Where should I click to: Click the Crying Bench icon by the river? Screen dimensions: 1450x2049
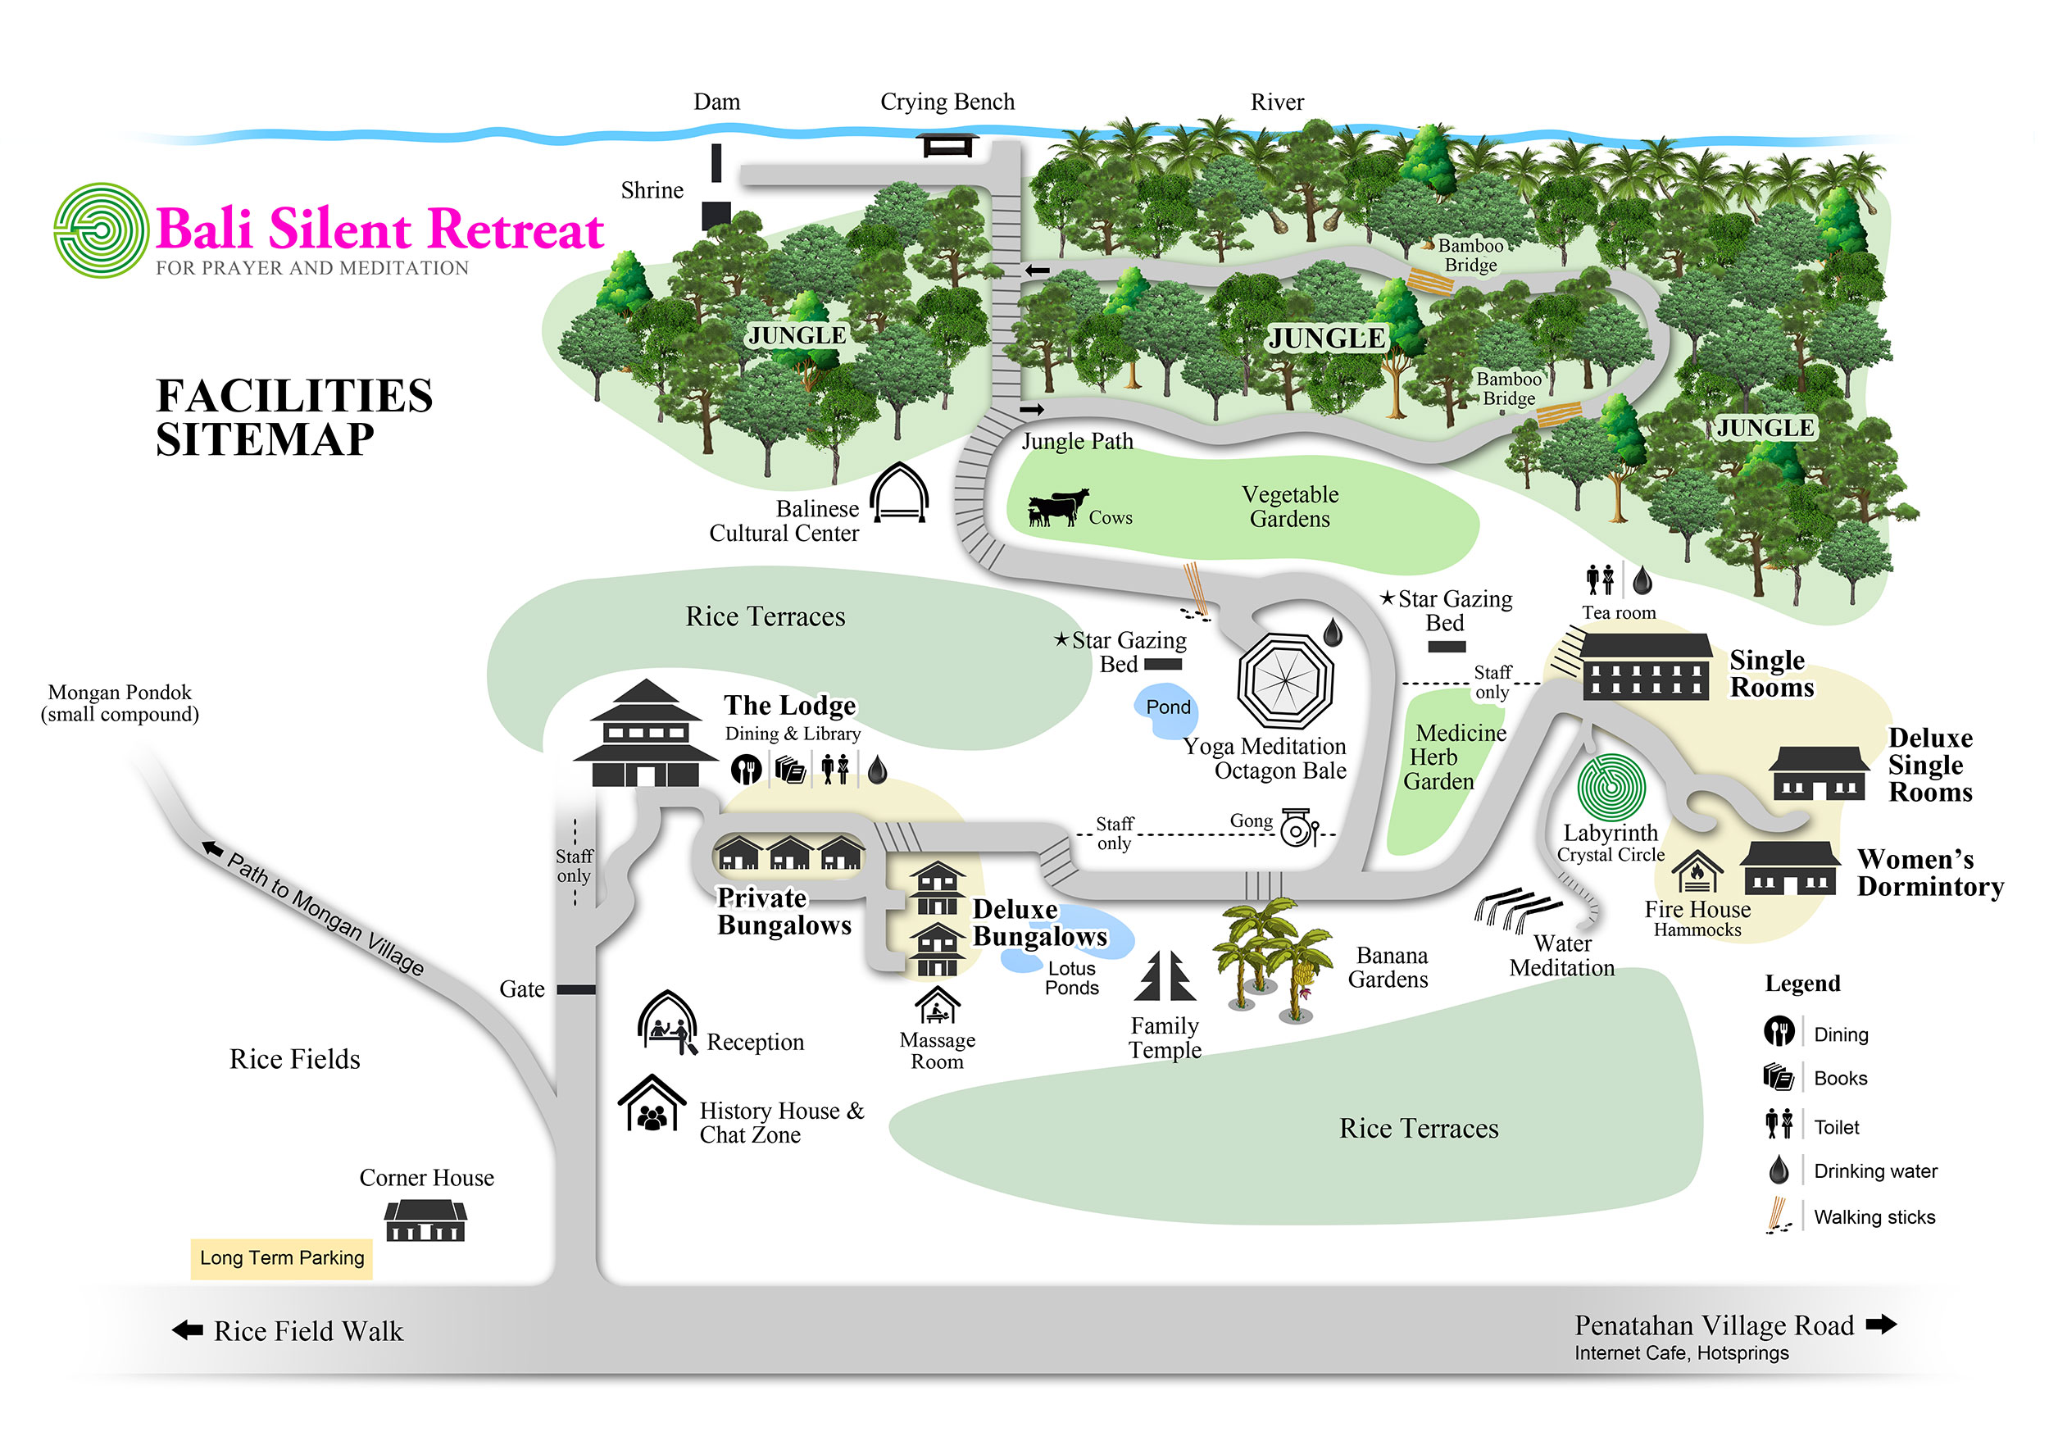tap(947, 144)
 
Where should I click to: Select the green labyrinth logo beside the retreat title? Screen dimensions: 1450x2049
tap(101, 230)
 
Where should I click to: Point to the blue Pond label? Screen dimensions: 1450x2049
tap(1168, 707)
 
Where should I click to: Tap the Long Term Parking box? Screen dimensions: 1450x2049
tap(282, 1258)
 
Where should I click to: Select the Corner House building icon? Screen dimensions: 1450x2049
tap(426, 1220)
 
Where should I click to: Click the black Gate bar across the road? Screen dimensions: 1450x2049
tap(576, 989)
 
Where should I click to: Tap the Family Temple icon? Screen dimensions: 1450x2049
tap(1164, 977)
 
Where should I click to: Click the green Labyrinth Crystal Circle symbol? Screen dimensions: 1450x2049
tap(1611, 788)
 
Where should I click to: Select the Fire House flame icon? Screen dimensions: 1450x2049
tap(1697, 871)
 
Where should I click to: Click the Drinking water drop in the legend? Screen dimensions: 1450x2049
tap(1779, 1170)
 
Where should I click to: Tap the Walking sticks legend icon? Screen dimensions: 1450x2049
tap(1779, 1216)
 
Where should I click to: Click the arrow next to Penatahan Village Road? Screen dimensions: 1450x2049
tap(1881, 1324)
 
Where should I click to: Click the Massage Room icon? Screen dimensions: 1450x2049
tap(938, 1007)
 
